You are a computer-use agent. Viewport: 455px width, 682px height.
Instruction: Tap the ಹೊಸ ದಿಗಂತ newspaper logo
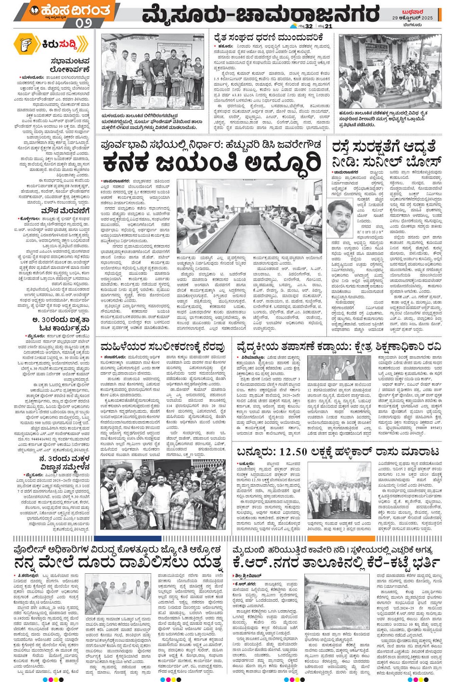[72, 10]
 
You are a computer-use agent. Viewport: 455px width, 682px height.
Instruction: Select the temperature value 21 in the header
[328, 26]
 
